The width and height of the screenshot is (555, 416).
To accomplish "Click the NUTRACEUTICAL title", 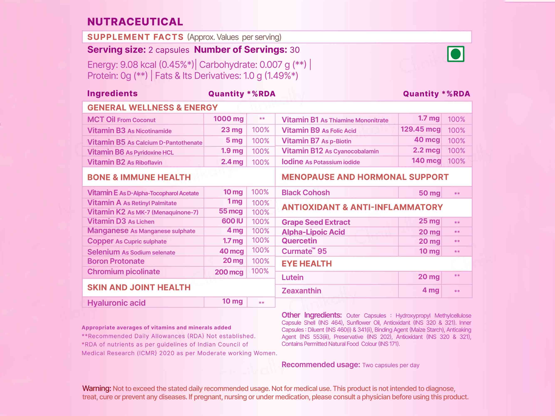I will coord(135,22).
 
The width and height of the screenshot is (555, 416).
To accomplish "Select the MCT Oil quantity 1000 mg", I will coord(228,119).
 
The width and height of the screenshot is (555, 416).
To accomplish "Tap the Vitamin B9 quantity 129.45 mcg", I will coord(420,129).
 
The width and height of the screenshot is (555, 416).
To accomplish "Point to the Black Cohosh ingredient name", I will coord(306,193).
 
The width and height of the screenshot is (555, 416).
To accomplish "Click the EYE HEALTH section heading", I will coord(307,264).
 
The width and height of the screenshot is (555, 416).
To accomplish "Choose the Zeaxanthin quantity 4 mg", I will coord(431,290).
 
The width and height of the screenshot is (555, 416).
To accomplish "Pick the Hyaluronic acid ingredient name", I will coord(116,303).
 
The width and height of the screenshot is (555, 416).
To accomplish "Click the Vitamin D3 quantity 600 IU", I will coord(232,221).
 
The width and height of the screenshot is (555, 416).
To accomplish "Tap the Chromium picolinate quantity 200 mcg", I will coord(229,272).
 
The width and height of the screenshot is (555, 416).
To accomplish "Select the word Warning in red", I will coord(97,388).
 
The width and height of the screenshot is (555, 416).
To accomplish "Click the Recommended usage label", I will coord(321,365).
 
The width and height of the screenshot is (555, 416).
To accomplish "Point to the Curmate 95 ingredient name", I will coord(304,251).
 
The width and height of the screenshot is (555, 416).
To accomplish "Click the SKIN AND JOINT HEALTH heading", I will coord(139,287).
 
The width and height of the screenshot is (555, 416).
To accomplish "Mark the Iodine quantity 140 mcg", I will coord(426,161).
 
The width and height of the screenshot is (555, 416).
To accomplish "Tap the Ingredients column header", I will coord(112,94).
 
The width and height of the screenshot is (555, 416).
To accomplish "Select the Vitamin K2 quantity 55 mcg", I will coord(231,211).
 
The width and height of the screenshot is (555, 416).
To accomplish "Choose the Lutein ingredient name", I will coord(293,277).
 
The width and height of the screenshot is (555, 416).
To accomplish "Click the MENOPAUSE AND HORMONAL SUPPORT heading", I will coord(365,177).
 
